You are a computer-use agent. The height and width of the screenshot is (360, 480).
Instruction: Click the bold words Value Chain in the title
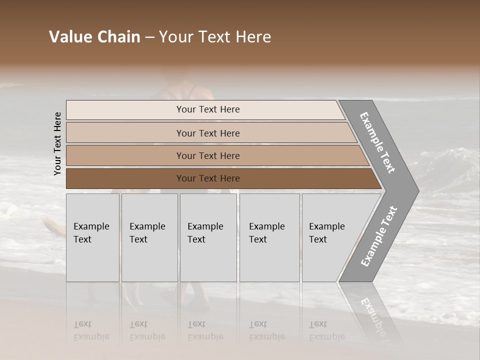pyautogui.click(x=94, y=37)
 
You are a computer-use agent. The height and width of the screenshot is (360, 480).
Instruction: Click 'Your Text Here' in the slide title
pyautogui.click(x=215, y=37)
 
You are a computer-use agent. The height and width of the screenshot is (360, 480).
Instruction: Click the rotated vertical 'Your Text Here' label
pyautogui.click(x=57, y=144)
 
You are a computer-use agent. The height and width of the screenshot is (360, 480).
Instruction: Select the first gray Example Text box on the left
pyautogui.click(x=92, y=237)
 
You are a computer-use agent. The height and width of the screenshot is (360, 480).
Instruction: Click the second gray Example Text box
pyautogui.click(x=149, y=237)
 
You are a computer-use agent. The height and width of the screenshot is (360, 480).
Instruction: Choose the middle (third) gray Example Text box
pyautogui.click(x=208, y=237)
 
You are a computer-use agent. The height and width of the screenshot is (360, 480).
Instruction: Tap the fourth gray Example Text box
pyautogui.click(x=269, y=237)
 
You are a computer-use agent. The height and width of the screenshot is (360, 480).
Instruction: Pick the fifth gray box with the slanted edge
pyautogui.click(x=332, y=237)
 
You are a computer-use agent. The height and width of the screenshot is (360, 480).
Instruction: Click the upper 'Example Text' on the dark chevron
pyautogui.click(x=377, y=143)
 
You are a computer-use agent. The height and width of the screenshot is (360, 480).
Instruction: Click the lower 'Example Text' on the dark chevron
pyautogui.click(x=378, y=236)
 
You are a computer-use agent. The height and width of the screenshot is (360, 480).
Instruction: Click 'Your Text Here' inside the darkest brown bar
pyautogui.click(x=208, y=178)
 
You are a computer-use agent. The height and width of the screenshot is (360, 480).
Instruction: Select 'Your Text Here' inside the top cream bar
pyautogui.click(x=208, y=109)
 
